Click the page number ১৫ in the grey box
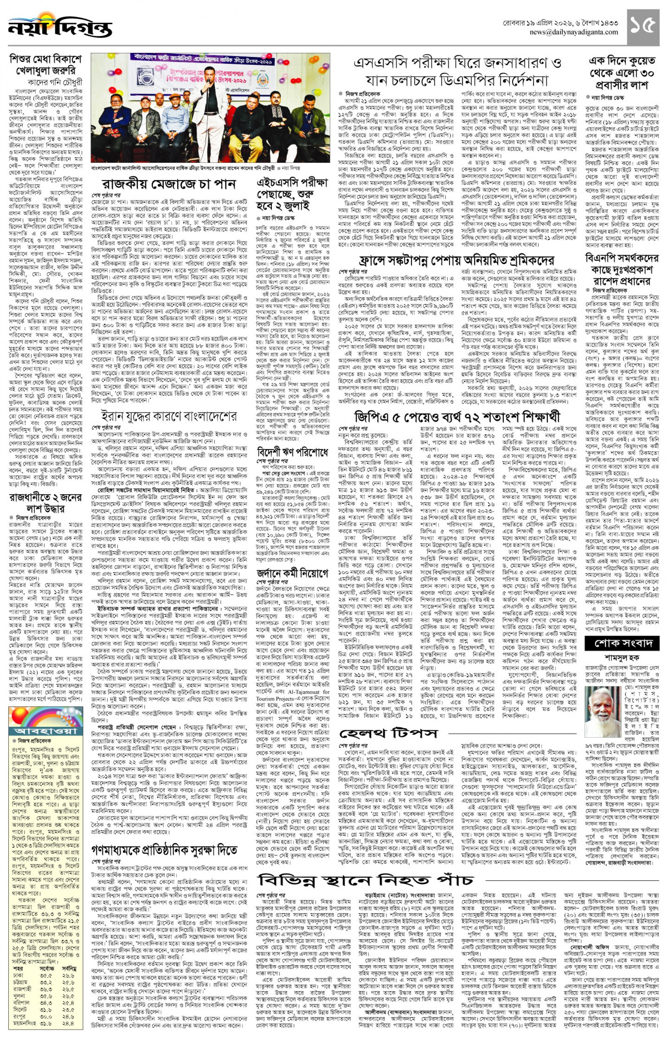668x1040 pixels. click(642, 27)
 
